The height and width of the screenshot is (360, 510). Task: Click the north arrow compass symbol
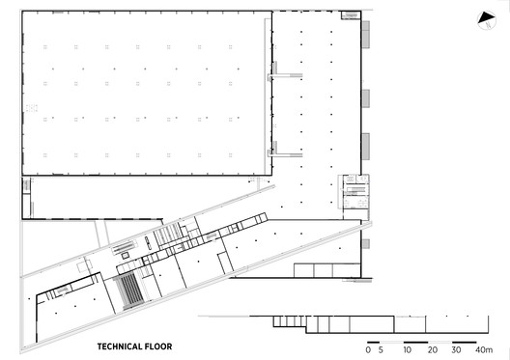[487, 20]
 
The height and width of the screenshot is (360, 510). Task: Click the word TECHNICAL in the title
[120, 346]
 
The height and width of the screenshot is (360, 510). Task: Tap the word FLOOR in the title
[158, 346]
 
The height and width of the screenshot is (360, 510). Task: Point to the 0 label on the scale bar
[368, 350]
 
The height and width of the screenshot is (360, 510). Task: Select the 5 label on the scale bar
[381, 350]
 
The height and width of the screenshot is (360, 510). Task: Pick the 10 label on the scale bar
[408, 350]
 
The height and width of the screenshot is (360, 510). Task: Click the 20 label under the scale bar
[433, 350]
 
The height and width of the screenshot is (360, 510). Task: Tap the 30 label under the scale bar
[456, 350]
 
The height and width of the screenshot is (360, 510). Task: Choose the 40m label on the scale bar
[484, 350]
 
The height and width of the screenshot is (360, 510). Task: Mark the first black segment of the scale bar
[374, 342]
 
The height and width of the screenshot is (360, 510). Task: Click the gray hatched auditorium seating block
[128, 291]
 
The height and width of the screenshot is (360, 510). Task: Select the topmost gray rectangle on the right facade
[366, 35]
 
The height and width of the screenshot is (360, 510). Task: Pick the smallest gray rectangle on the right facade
[366, 243]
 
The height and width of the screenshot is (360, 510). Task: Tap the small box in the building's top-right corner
[351, 14]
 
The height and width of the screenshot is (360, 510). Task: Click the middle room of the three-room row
[323, 270]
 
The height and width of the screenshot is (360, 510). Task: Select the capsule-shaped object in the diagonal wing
[149, 243]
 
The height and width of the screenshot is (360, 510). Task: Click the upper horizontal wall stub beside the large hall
[286, 75]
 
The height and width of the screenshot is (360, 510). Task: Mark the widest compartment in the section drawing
[372, 324]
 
